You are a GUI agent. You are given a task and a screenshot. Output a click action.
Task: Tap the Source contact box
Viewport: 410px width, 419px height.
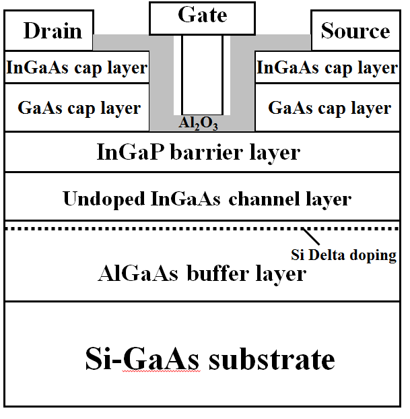coord(355,31)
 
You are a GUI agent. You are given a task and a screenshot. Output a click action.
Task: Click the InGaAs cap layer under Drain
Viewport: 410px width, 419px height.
coord(76,67)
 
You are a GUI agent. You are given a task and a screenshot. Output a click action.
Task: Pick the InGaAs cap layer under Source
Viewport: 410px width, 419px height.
coord(327,67)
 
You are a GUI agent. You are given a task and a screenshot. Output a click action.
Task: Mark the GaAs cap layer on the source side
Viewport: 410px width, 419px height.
coord(329,108)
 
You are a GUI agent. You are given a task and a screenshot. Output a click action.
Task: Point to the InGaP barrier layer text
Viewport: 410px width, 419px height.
coord(199,152)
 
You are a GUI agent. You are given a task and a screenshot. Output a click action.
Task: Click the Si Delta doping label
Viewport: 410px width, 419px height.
coord(343,255)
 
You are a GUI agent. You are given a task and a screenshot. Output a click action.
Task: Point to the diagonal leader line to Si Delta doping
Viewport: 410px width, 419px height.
coord(312,238)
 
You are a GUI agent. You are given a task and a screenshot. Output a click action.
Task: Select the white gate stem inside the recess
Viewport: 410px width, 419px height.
coord(202,74)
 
